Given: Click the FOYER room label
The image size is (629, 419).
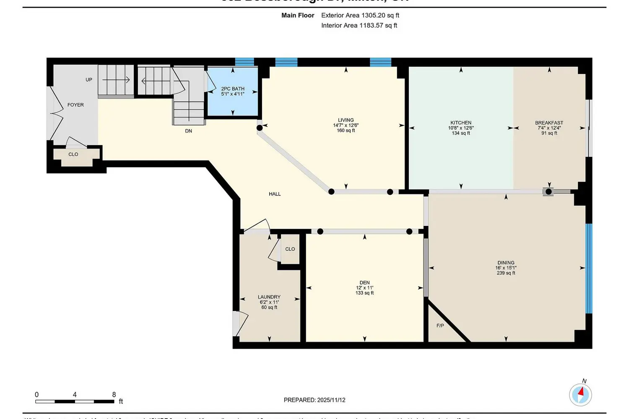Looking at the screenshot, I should (75, 105).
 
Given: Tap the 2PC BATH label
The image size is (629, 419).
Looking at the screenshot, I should (233, 89).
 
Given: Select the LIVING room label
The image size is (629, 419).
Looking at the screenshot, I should (346, 120).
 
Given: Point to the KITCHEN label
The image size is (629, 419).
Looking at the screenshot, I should (461, 123).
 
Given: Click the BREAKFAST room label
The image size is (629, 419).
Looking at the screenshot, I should (549, 123).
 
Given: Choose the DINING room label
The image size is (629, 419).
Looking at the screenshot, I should (506, 263).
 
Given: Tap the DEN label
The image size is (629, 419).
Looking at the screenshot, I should (364, 283).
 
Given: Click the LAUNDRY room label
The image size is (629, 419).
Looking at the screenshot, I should (269, 297).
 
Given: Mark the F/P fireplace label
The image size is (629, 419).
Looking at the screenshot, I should (440, 326).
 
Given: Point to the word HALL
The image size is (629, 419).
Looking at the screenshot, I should (275, 194).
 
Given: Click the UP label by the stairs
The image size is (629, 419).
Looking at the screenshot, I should (89, 80).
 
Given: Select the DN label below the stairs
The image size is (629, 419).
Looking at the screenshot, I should (189, 131).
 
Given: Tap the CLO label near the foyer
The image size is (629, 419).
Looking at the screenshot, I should (73, 154).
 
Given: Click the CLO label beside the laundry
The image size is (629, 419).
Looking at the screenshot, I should (290, 249).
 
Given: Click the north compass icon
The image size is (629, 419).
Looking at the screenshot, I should (580, 394).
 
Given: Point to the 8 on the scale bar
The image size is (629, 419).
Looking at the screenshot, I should (114, 394).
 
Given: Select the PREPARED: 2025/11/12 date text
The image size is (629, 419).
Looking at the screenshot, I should (314, 400).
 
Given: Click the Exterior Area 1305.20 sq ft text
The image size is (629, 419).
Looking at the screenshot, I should (360, 15).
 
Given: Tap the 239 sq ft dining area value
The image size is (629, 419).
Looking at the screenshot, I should (506, 273).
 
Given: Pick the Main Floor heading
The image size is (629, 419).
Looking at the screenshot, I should (298, 15).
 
